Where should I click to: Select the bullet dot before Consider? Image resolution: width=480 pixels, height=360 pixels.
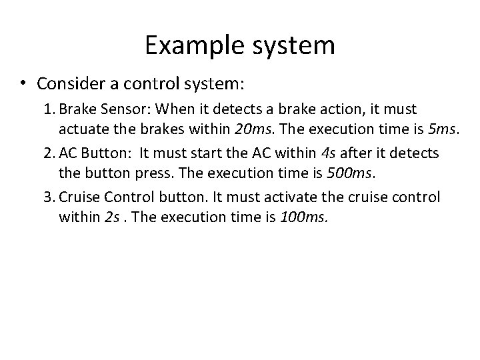(x=23, y=84)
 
